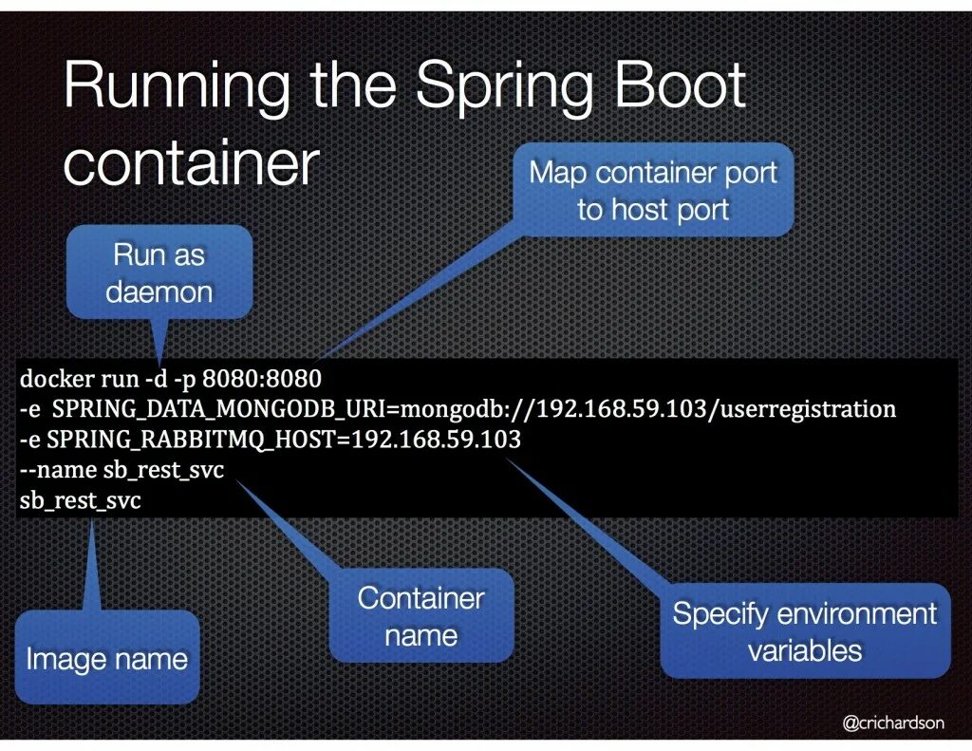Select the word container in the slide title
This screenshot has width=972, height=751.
(x=189, y=163)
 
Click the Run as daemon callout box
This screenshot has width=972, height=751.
(x=159, y=272)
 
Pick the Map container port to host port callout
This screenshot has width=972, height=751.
(x=652, y=190)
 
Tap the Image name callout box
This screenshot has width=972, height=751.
(x=106, y=658)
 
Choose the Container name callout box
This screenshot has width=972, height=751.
(x=421, y=615)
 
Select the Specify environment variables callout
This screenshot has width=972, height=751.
(x=804, y=631)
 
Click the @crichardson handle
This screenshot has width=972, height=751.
(x=893, y=723)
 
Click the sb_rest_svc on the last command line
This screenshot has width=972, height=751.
(x=80, y=500)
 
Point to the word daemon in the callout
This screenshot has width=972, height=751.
(x=159, y=291)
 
